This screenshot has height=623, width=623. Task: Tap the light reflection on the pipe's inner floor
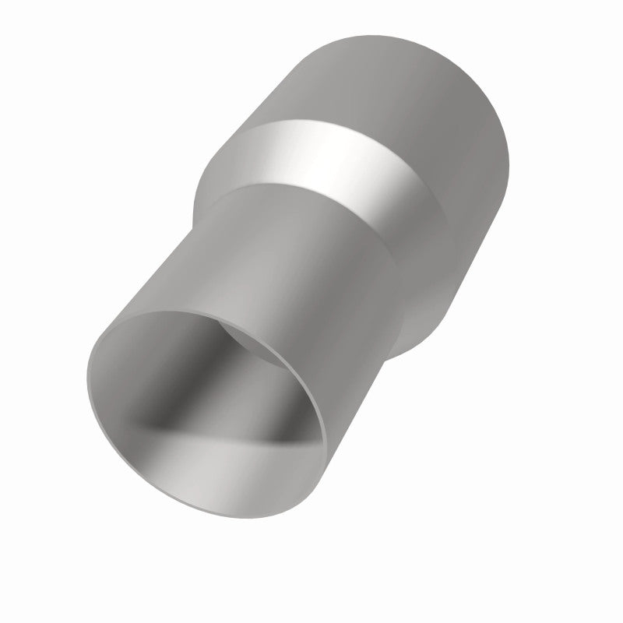pos(226,467)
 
